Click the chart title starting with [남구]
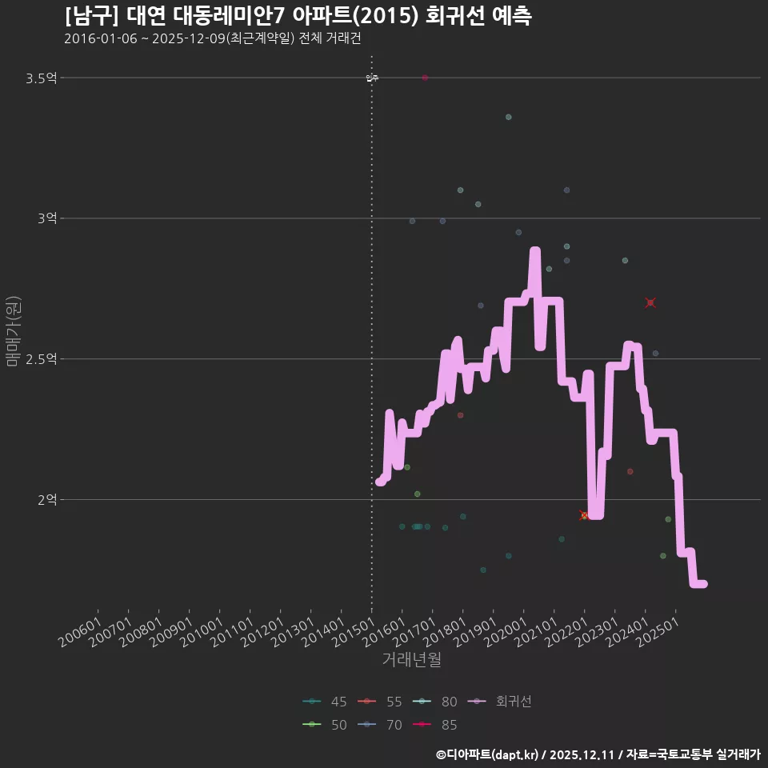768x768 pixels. click(x=298, y=16)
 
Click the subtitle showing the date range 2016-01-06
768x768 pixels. click(x=218, y=38)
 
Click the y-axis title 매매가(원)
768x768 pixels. click(x=13, y=331)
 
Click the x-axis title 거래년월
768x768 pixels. click(x=411, y=659)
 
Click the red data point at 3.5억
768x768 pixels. click(x=425, y=78)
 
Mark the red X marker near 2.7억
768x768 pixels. click(x=650, y=302)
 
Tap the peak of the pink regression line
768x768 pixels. click(x=535, y=252)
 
